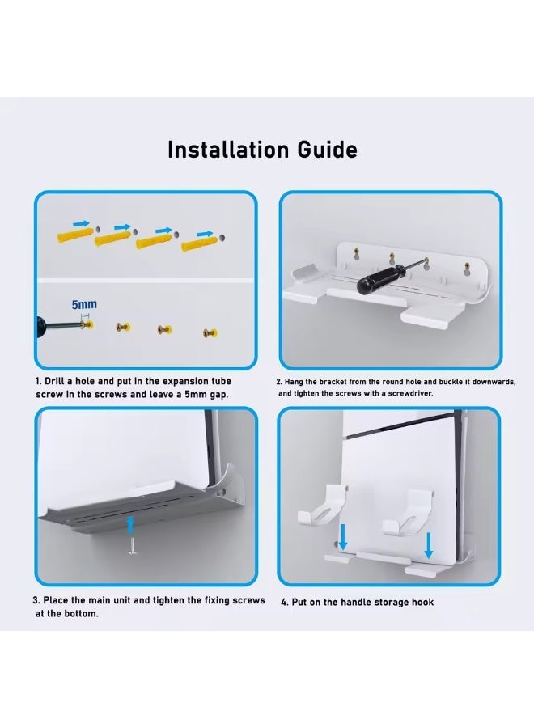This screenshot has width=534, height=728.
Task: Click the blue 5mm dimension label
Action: pyautogui.click(x=84, y=305)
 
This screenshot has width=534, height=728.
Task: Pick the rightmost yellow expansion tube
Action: pyautogui.click(x=198, y=243)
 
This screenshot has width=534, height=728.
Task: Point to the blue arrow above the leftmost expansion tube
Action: pyautogui.click(x=81, y=220)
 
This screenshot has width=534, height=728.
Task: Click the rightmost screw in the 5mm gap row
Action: pyautogui.click(x=210, y=332)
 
